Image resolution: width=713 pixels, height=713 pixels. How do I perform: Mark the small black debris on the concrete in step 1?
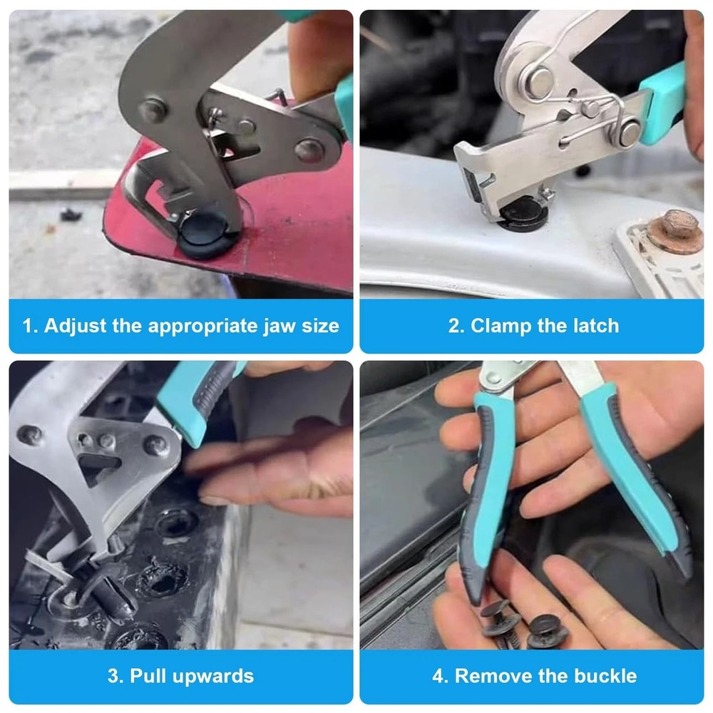point(69,214)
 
